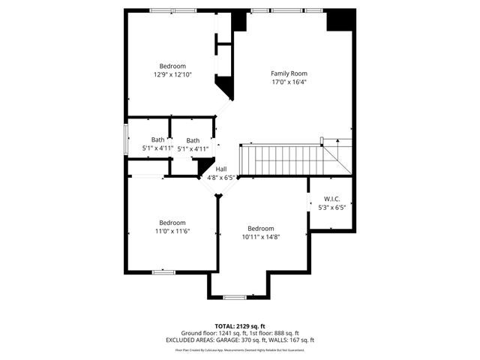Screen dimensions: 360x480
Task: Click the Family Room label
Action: point(289,73)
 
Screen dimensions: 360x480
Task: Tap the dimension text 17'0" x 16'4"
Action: point(289,82)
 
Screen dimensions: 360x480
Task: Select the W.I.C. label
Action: point(331,199)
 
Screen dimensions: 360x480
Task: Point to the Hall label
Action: point(221,169)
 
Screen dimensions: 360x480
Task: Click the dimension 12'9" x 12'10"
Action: point(172,75)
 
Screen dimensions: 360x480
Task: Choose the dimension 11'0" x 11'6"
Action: point(172,231)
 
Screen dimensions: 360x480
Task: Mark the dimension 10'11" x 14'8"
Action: point(260,237)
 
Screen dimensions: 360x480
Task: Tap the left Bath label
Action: point(157,140)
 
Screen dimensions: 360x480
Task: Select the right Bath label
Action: point(193,140)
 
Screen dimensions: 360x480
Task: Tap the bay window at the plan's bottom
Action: point(235,297)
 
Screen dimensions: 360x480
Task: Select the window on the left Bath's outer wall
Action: point(126,139)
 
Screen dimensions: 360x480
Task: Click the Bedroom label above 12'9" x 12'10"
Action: point(172,66)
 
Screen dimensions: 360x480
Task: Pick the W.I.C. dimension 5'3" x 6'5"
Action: point(331,207)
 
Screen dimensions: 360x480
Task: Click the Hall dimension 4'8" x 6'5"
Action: point(221,178)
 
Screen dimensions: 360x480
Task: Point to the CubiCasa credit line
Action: point(240,349)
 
